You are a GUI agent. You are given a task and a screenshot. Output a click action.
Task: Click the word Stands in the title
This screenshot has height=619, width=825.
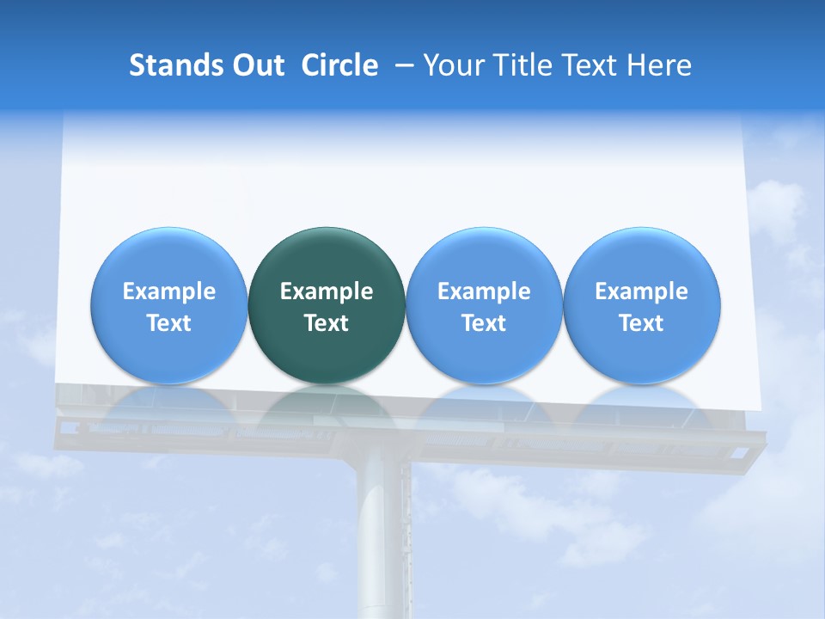click(x=174, y=65)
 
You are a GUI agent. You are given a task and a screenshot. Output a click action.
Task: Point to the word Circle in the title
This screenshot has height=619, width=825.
click(x=339, y=65)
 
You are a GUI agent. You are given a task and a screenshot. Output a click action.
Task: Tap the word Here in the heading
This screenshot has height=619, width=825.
click(x=659, y=65)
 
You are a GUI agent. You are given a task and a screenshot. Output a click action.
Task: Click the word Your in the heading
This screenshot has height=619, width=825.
click(x=455, y=65)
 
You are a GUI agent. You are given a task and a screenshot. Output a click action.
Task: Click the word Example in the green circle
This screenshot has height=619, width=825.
click(x=327, y=291)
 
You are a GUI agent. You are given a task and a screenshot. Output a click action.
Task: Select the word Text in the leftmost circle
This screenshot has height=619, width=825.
click(x=169, y=323)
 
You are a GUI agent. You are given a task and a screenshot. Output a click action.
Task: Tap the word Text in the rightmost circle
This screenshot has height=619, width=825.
click(x=641, y=323)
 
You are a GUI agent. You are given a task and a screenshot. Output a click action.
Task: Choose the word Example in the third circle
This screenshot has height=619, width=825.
click(x=484, y=291)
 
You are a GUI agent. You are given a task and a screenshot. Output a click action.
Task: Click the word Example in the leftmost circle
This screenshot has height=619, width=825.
click(x=169, y=291)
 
